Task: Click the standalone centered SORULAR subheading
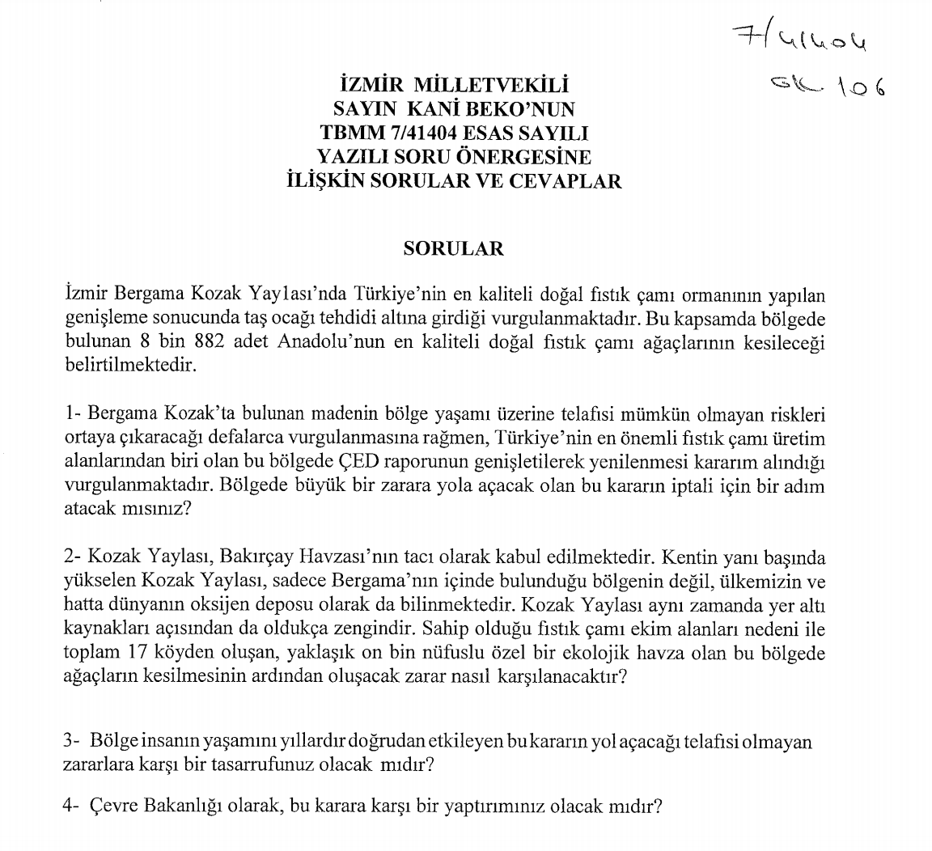pyautogui.click(x=453, y=248)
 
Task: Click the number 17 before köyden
pyautogui.click(x=138, y=652)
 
